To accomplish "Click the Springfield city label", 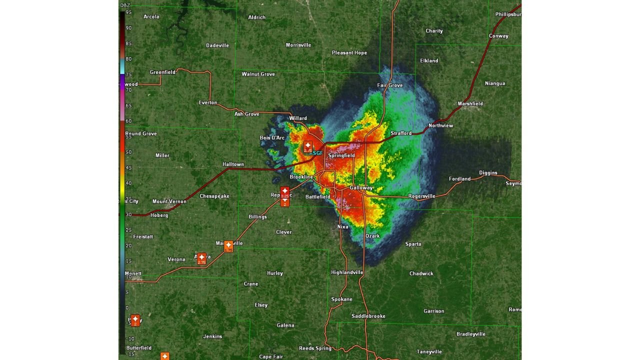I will pos(341,155).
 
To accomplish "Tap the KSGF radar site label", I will pos(316,153).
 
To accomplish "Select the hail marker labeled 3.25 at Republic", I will pos(284,192).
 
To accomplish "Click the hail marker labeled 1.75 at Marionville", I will pos(228,246).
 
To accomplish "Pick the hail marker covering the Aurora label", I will pos(201,258).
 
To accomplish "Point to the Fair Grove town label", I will pos(389,85).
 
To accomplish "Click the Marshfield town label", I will pos(470,104).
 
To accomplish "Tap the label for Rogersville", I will pos(421,196).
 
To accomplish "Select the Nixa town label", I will pos(342,226).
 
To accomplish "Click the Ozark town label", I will pos(372,236).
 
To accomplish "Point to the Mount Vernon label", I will pos(169,201).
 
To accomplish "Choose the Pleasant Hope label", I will pos(349,52).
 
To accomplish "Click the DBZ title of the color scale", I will pos(125,5).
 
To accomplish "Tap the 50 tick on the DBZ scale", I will pos(128,152).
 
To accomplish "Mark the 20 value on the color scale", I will pos(128,245).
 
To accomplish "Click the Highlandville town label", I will pos(347,272).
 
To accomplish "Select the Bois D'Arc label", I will pos(272,138).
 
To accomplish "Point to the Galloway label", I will pos(361,188).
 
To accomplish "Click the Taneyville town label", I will pos(429,351).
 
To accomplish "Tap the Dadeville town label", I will pos(217,45).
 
